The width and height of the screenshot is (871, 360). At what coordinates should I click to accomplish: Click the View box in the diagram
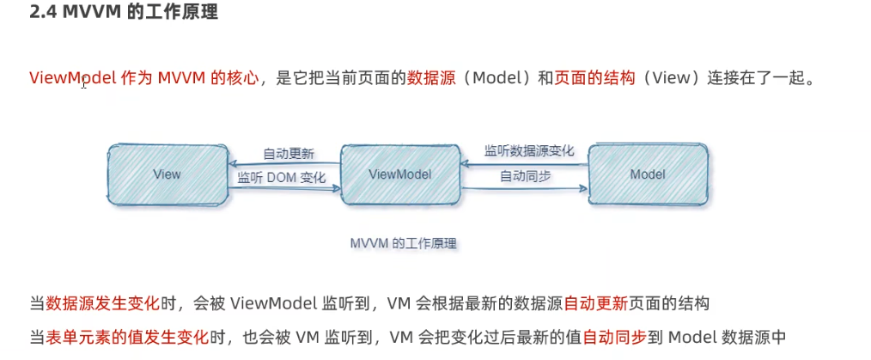coord(167,174)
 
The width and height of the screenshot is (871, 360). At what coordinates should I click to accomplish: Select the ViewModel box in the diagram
coord(399,174)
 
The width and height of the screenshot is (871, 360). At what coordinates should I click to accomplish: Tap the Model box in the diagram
coord(648,174)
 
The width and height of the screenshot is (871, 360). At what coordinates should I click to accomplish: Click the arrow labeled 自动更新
coord(284,164)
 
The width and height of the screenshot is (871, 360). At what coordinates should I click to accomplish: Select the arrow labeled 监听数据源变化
coord(524,162)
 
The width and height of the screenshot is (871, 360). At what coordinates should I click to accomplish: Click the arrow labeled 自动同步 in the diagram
coord(524,186)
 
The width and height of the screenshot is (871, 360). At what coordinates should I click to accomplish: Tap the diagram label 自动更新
coord(289,155)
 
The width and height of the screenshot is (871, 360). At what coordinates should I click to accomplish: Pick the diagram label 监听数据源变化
coord(529,150)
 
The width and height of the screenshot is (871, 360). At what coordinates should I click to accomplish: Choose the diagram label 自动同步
coord(526,176)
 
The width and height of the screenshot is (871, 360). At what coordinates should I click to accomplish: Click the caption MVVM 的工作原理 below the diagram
coord(403,244)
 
